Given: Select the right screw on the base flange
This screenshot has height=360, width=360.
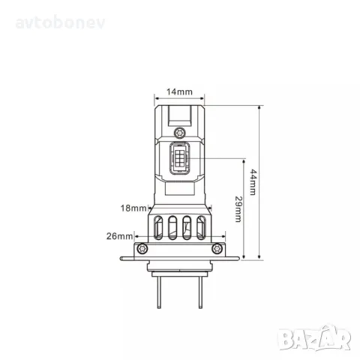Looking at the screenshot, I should (x=217, y=247).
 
